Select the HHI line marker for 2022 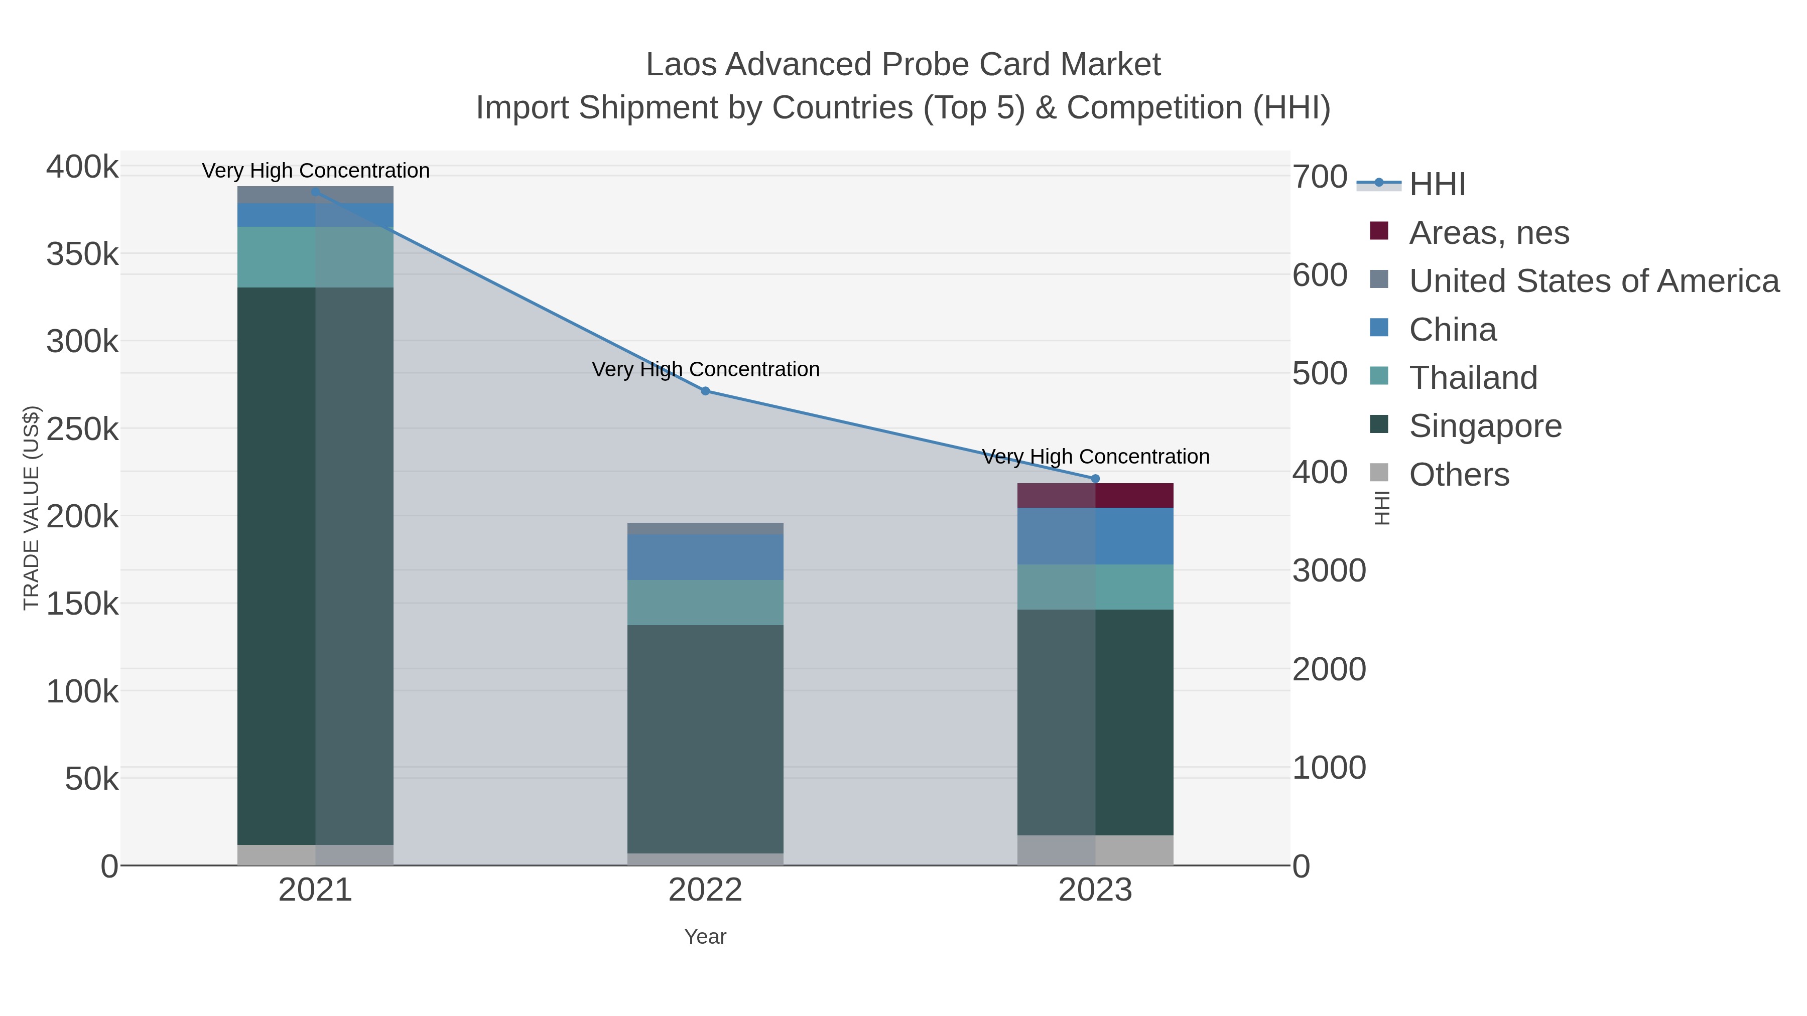[705, 391]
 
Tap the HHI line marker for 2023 [1095, 479]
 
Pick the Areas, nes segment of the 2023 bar [1095, 495]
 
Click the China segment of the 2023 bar [1095, 536]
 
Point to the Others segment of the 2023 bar [1095, 850]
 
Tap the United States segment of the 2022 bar [705, 528]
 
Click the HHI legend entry [1437, 184]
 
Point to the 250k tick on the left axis [82, 429]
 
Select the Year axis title [705, 937]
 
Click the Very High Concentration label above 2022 [705, 369]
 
